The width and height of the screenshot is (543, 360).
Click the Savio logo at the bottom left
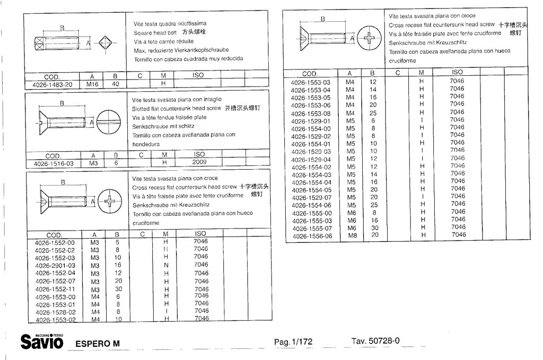tap(42, 341)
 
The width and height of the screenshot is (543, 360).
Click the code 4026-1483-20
tap(52, 85)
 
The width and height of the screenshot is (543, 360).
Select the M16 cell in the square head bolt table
tap(92, 84)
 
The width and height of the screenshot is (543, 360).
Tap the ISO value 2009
tap(199, 162)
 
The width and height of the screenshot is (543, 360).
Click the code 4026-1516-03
tap(54, 164)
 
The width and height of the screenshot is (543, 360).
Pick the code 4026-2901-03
tap(55, 266)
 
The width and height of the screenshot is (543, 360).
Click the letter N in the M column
tap(166, 266)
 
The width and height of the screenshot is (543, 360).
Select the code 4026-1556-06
tap(312, 236)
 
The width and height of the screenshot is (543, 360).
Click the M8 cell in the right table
tap(353, 236)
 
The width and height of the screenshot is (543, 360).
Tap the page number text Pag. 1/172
tap(293, 342)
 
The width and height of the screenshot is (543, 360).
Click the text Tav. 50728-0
tap(375, 341)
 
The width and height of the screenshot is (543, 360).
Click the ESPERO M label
tap(98, 344)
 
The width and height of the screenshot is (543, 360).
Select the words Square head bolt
tap(155, 33)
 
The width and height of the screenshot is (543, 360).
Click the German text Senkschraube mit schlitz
tap(163, 126)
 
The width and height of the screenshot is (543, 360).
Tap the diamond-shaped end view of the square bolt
tap(105, 43)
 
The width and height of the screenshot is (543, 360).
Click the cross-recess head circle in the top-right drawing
tap(369, 38)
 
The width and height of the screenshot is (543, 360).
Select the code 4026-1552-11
tap(55, 289)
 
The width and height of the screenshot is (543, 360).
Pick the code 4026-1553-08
tap(311, 114)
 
